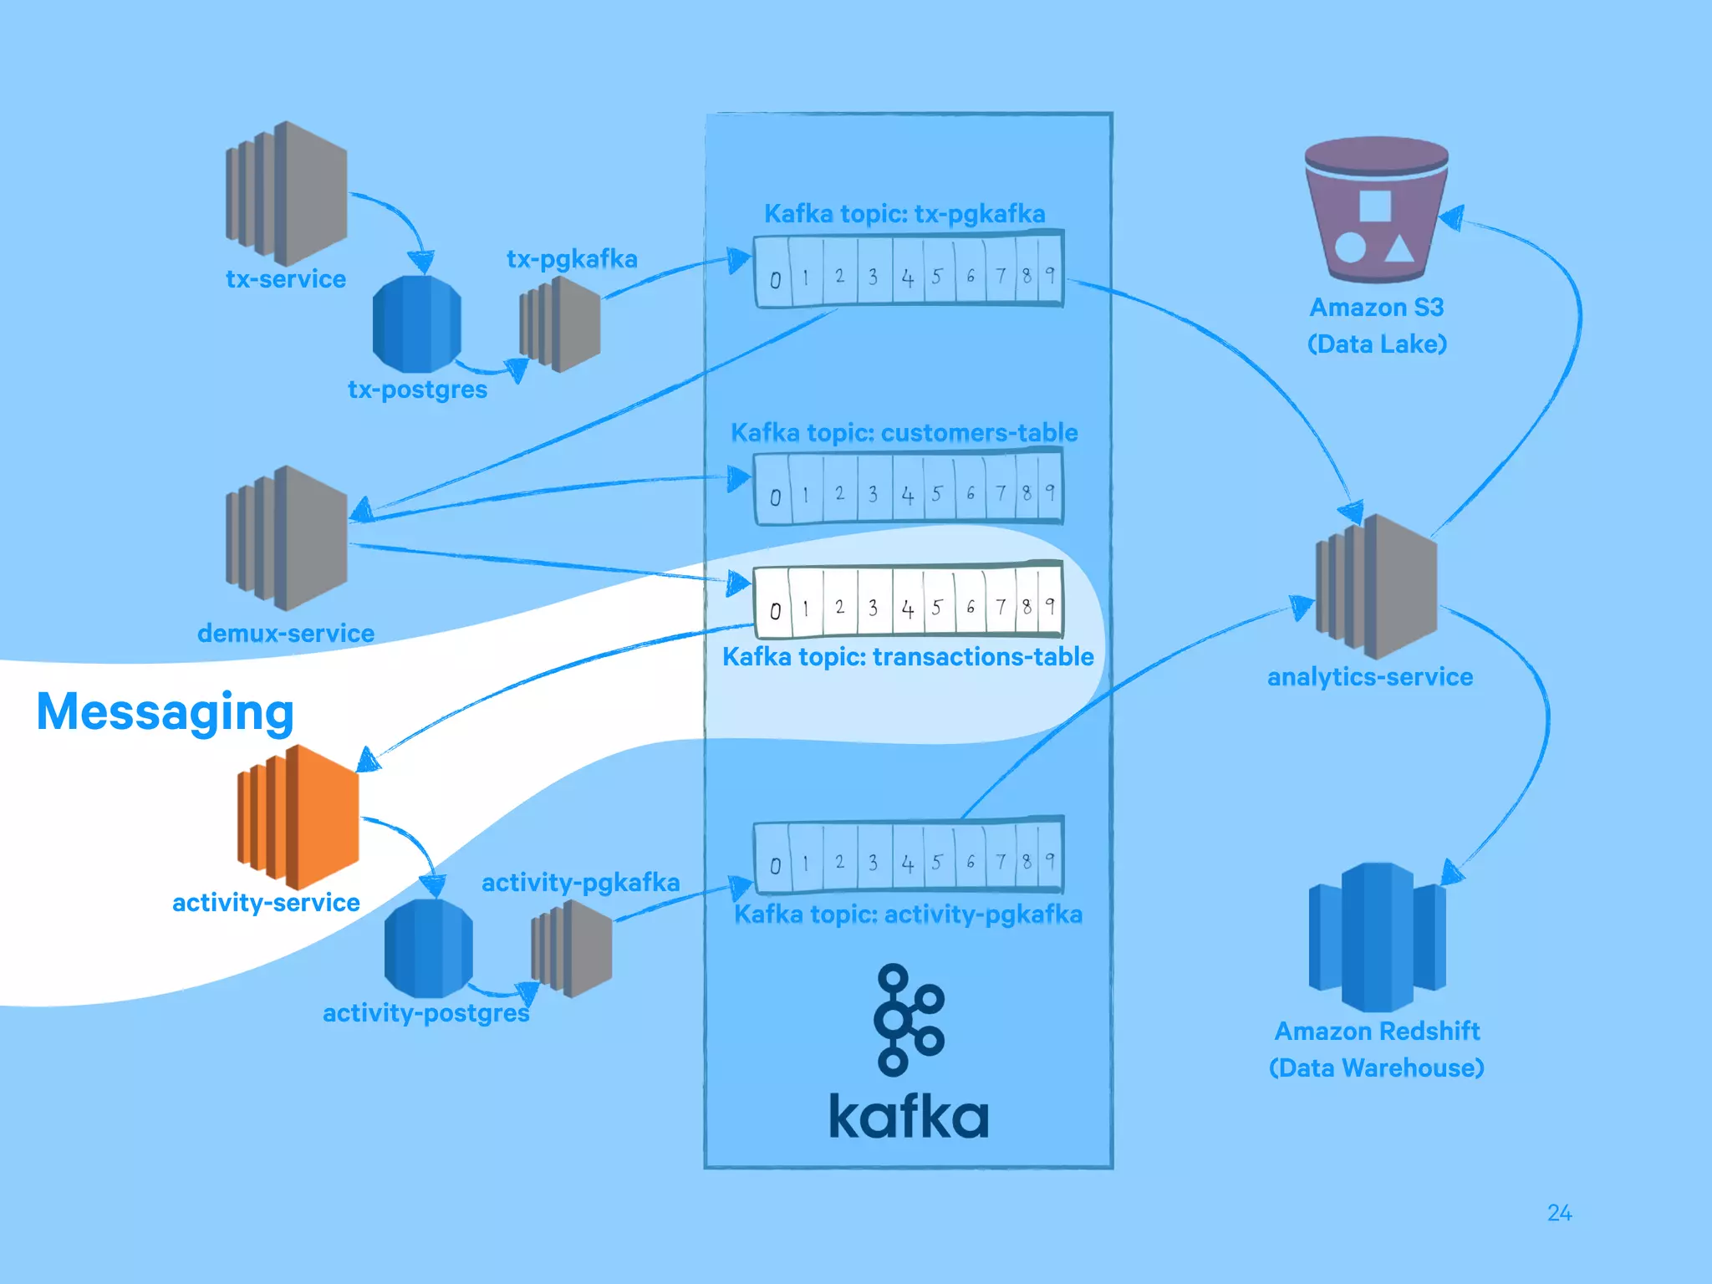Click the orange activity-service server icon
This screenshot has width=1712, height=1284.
click(x=298, y=817)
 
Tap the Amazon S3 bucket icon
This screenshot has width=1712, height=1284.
click(x=1376, y=211)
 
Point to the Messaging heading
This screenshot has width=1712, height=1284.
click(x=166, y=712)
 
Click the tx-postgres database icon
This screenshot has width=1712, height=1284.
click(x=416, y=324)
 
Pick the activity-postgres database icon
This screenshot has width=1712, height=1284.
click(x=428, y=948)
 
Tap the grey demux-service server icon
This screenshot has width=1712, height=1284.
click(x=287, y=538)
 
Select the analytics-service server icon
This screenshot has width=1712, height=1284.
click(x=1377, y=586)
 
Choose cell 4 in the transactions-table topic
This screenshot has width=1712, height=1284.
click(x=908, y=608)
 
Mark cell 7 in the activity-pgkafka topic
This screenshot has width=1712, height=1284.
click(x=1001, y=860)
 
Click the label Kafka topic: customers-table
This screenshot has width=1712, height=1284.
click(x=904, y=433)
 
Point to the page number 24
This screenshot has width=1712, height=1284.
click(x=1559, y=1213)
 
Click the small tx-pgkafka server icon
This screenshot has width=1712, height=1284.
click(x=560, y=324)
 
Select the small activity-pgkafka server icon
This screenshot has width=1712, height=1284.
click(x=572, y=949)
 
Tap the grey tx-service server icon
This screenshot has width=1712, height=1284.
click(x=287, y=193)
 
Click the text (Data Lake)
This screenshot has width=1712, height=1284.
click(x=1377, y=344)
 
